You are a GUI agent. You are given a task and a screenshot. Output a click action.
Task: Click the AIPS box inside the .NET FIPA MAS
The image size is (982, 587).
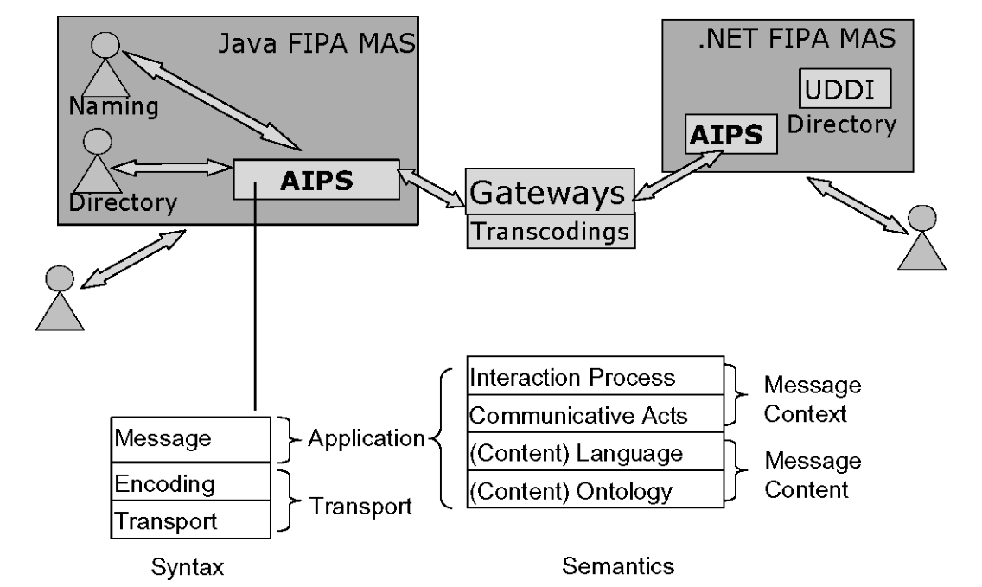(x=725, y=135)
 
